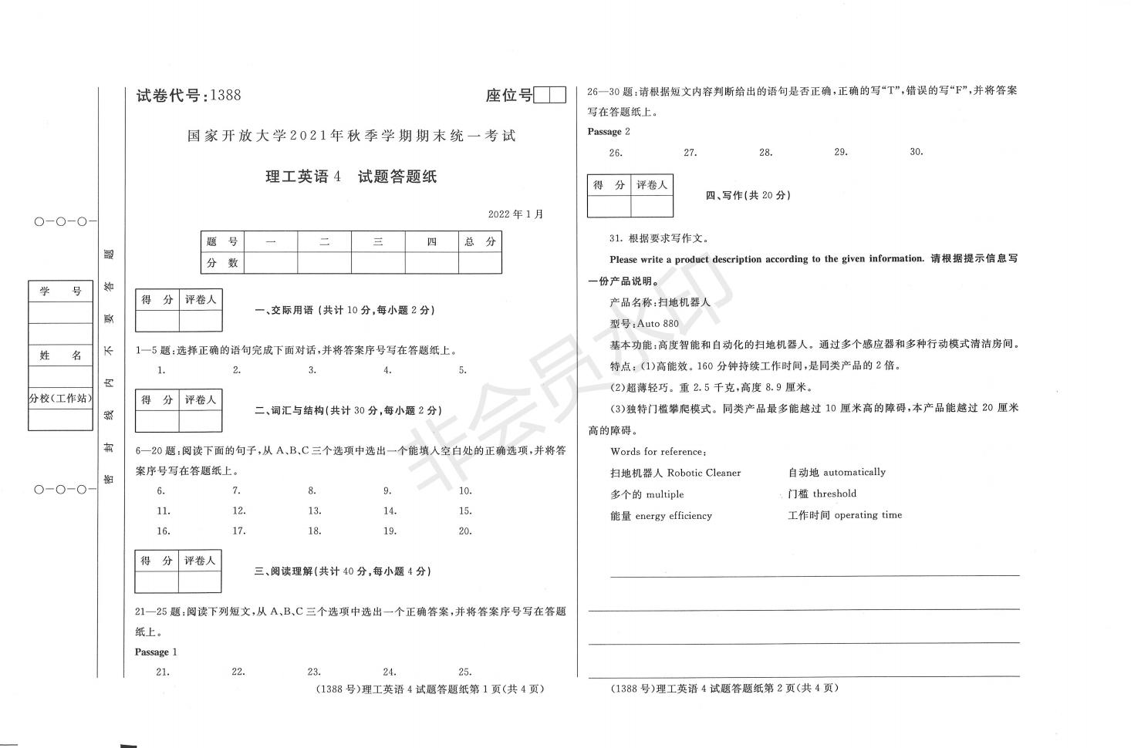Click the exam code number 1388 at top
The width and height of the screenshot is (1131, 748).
coord(225,96)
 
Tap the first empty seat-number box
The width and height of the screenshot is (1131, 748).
coord(542,96)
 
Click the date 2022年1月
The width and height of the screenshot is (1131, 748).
coord(515,214)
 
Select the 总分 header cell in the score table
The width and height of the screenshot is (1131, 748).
coord(480,242)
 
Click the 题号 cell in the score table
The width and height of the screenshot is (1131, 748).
coord(222,242)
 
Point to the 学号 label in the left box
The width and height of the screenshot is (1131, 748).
coord(61,291)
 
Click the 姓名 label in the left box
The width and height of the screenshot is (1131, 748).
coord(61,355)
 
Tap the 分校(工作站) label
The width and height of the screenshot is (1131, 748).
coord(61,399)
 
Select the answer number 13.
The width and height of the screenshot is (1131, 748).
coord(314,510)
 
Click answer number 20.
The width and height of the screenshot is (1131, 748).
coord(464,531)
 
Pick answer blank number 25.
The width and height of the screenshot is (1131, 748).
coord(464,672)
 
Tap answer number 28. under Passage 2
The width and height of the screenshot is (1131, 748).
coord(765,153)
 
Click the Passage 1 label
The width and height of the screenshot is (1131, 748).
coord(156,652)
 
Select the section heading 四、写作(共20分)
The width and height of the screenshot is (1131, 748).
coord(748,196)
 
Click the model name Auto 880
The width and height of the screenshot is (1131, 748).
coord(658,324)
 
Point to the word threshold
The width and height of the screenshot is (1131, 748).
coord(834,494)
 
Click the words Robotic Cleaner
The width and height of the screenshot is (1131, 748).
coord(703,473)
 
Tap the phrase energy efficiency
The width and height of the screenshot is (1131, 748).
coord(673,516)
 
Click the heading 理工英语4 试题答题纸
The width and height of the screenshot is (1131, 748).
coord(351,177)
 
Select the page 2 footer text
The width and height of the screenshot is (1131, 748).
coord(724,689)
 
